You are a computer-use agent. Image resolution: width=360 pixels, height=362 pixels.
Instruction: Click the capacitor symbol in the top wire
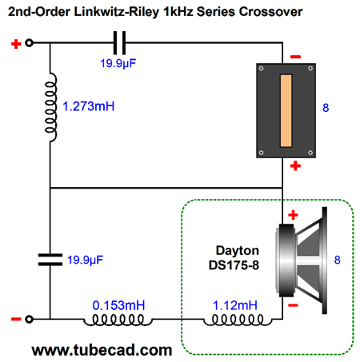(x=119, y=42)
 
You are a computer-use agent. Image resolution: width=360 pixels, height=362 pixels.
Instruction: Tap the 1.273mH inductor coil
(x=51, y=107)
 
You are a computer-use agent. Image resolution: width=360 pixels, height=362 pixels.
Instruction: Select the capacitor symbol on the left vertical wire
(x=50, y=260)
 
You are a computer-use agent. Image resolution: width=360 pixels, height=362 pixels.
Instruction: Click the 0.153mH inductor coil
(x=118, y=320)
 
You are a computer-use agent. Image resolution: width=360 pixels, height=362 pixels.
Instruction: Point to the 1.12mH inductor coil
(x=238, y=320)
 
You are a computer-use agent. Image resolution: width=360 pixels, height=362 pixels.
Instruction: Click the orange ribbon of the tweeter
(x=286, y=110)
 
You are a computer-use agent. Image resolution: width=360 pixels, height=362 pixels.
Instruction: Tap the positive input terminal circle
(x=29, y=42)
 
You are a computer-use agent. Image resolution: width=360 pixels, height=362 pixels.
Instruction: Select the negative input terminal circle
(x=29, y=319)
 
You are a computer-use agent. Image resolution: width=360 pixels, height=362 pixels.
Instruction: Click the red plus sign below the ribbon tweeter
(x=295, y=165)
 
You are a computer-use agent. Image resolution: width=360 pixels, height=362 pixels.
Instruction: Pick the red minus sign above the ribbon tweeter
(x=295, y=57)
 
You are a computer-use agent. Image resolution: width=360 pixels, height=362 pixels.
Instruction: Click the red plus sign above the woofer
(x=293, y=215)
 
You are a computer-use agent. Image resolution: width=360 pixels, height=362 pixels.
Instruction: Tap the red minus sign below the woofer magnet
(x=293, y=305)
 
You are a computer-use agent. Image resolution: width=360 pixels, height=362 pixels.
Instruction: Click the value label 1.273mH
(x=89, y=106)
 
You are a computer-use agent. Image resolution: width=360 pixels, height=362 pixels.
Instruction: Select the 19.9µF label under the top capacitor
(x=118, y=64)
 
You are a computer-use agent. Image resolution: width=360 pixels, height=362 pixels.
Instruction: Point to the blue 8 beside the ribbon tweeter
(x=326, y=108)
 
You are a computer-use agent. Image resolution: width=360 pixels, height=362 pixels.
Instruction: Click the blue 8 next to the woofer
(x=338, y=260)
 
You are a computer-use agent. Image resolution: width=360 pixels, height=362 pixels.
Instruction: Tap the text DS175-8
(x=234, y=265)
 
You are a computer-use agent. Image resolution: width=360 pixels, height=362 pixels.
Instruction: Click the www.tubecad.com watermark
(x=102, y=350)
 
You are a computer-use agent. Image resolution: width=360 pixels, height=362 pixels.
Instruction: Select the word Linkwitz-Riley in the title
(x=116, y=12)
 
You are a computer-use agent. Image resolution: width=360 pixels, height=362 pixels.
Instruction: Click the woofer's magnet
(x=286, y=261)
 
